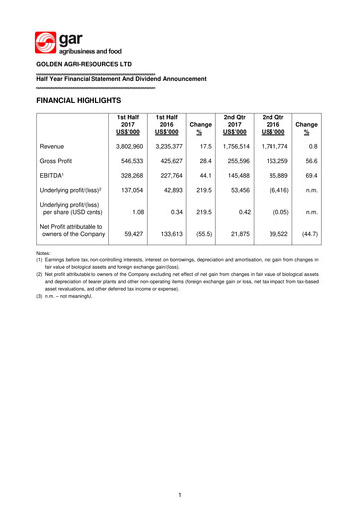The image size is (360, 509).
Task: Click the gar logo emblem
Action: click(44, 42)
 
